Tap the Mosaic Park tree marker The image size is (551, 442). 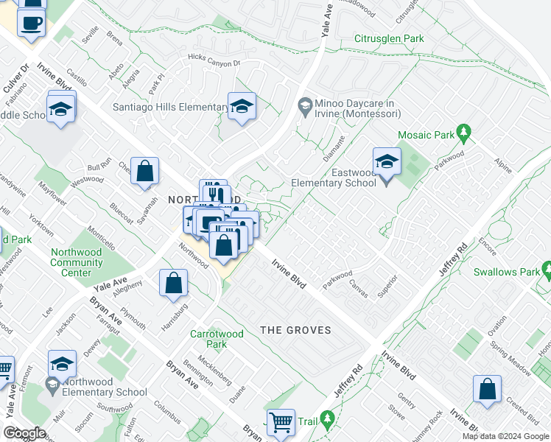tap(463, 133)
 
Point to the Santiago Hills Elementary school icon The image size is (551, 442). tap(241, 107)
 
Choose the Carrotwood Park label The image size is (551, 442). tap(217, 339)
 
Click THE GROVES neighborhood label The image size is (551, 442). tap(295, 330)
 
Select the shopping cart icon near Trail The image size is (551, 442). tap(281, 422)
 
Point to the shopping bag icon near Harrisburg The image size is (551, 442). tap(174, 284)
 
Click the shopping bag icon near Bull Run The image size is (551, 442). tap(145, 171)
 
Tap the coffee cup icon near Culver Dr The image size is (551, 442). tap(32, 22)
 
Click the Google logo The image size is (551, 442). tap(24, 433)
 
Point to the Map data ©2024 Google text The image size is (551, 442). tap(505, 436)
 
